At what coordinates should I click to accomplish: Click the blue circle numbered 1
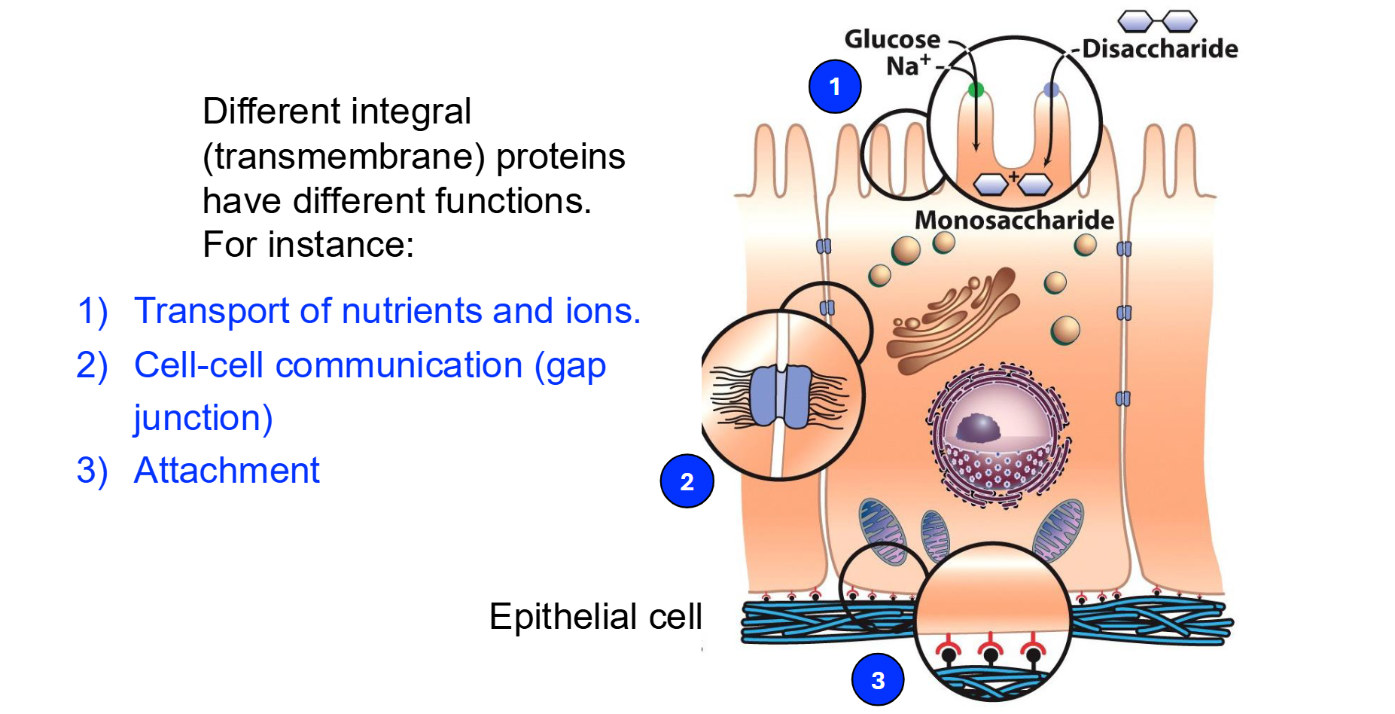[834, 87]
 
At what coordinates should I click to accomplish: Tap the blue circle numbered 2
[687, 481]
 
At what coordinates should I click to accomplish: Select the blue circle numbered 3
[877, 680]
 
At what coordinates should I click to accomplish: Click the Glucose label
[892, 39]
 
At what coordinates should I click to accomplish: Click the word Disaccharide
[1159, 49]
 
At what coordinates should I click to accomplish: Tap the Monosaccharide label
[1014, 220]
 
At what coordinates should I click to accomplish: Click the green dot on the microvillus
[976, 90]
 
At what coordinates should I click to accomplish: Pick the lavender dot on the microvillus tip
[1051, 90]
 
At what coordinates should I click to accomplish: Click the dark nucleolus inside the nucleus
[978, 428]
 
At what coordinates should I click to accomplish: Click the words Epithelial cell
[595, 617]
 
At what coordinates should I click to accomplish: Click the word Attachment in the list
[227, 471]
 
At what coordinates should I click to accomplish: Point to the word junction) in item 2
[203, 418]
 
